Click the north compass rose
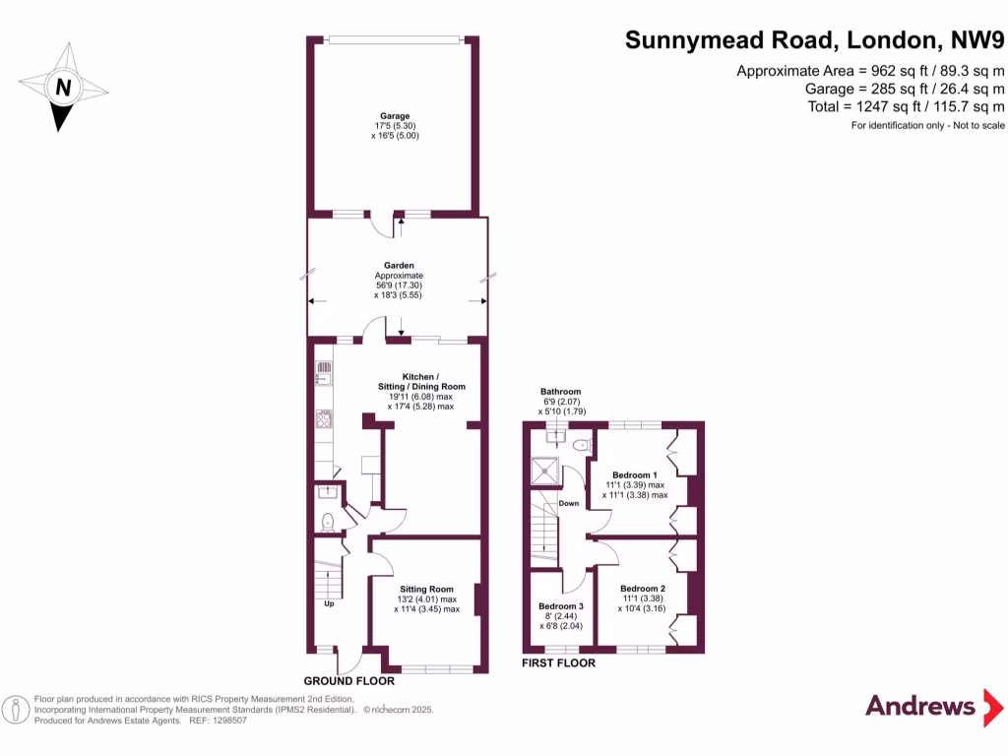pos(63,88)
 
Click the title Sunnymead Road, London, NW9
pos(815,40)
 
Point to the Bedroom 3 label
pos(560,606)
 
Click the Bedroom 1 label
pos(635,473)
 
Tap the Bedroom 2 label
pos(643,588)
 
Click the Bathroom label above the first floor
pos(560,392)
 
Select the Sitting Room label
pos(426,589)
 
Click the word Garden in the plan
pos(399,265)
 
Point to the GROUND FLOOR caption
pos(348,681)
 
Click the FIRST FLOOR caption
pos(558,663)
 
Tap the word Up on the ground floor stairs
pos(328,603)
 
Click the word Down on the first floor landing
pos(569,503)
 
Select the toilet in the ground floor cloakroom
pos(328,520)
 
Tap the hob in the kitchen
pos(324,420)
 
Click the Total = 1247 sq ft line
pos(870,107)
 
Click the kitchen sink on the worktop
pos(324,373)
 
